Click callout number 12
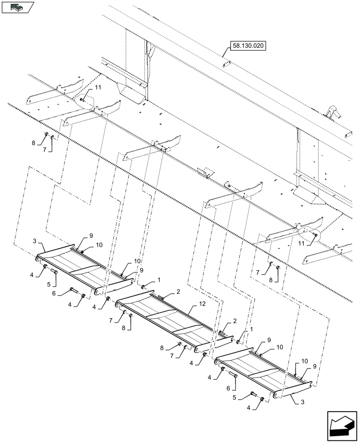(x=202, y=305)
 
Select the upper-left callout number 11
(x=98, y=88)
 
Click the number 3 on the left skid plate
(x=34, y=241)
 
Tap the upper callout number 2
(x=178, y=292)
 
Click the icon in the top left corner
(x=18, y=7)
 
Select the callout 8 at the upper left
(x=33, y=143)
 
